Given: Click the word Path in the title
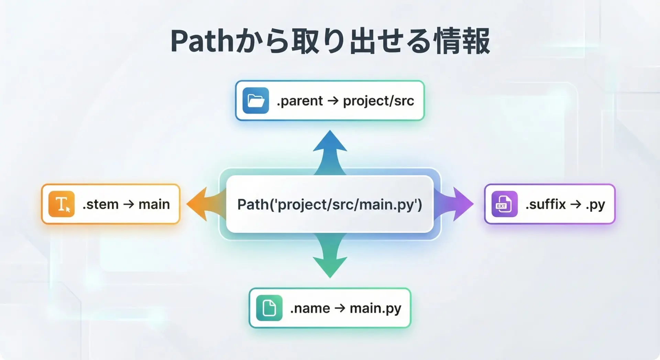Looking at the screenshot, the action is tap(202, 41).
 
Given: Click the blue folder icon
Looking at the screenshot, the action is tap(256, 100).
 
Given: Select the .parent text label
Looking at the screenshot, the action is tap(300, 101).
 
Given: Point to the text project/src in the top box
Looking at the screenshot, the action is tap(378, 101).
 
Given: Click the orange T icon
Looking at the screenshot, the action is tap(62, 204).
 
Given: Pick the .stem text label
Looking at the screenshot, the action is tap(100, 204).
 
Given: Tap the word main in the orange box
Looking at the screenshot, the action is tap(154, 204).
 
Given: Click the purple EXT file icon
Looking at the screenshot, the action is tap(505, 204).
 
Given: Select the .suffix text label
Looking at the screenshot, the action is tap(546, 204).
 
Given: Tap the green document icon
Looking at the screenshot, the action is tap(269, 308).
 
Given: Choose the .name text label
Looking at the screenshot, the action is tap(310, 308).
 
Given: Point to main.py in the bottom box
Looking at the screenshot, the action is tap(375, 308).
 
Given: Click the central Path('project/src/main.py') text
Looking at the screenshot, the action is tap(330, 205).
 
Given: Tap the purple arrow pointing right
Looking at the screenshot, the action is tap(453, 204).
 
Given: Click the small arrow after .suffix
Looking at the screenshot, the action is tap(576, 204).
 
